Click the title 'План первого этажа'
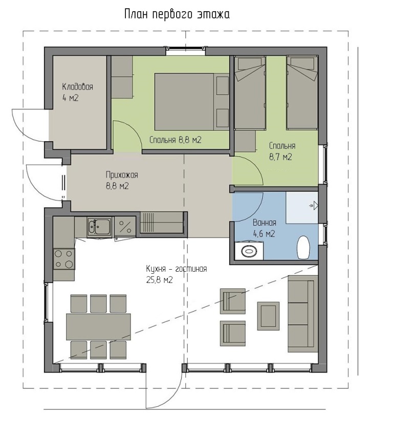[x=177, y=14]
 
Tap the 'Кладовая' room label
[x=77, y=86]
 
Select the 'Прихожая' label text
[x=122, y=175]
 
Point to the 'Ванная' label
[x=264, y=223]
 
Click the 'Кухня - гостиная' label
[x=177, y=269]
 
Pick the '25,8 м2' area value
[x=160, y=279]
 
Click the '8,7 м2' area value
[x=280, y=157]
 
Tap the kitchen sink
[x=99, y=227]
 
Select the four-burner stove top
[x=64, y=259]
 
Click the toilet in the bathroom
[x=303, y=248]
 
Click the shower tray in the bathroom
[x=302, y=207]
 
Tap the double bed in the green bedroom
[x=192, y=101]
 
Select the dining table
[x=98, y=326]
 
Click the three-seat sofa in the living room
[x=303, y=314]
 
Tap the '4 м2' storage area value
[x=70, y=98]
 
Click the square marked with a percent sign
[x=125, y=227]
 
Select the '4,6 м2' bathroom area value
[x=264, y=233]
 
